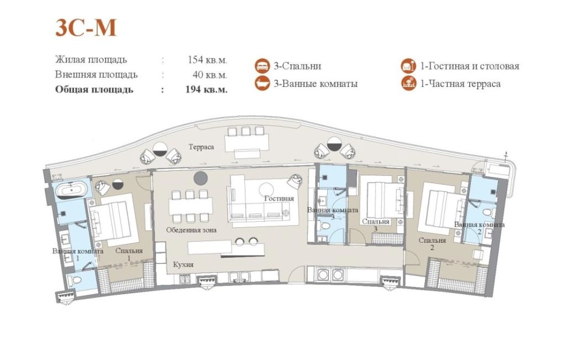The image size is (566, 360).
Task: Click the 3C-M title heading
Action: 86,28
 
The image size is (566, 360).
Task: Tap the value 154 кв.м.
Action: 208,60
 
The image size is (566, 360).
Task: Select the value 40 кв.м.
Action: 209,75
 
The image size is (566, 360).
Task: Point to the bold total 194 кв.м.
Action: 207,89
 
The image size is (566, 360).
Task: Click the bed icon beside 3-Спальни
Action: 263,66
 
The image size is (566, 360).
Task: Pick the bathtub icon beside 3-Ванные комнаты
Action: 263,84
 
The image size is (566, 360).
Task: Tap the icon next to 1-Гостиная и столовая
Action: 408,66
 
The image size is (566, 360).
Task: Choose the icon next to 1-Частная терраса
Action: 408,84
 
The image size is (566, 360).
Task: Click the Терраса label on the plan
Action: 201,147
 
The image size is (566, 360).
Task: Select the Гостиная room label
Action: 279,198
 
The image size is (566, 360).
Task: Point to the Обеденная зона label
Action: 191,230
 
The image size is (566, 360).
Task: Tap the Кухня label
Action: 183,265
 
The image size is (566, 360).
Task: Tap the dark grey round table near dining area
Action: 201,179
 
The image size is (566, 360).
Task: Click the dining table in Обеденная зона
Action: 191,206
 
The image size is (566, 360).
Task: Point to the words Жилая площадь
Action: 91,60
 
